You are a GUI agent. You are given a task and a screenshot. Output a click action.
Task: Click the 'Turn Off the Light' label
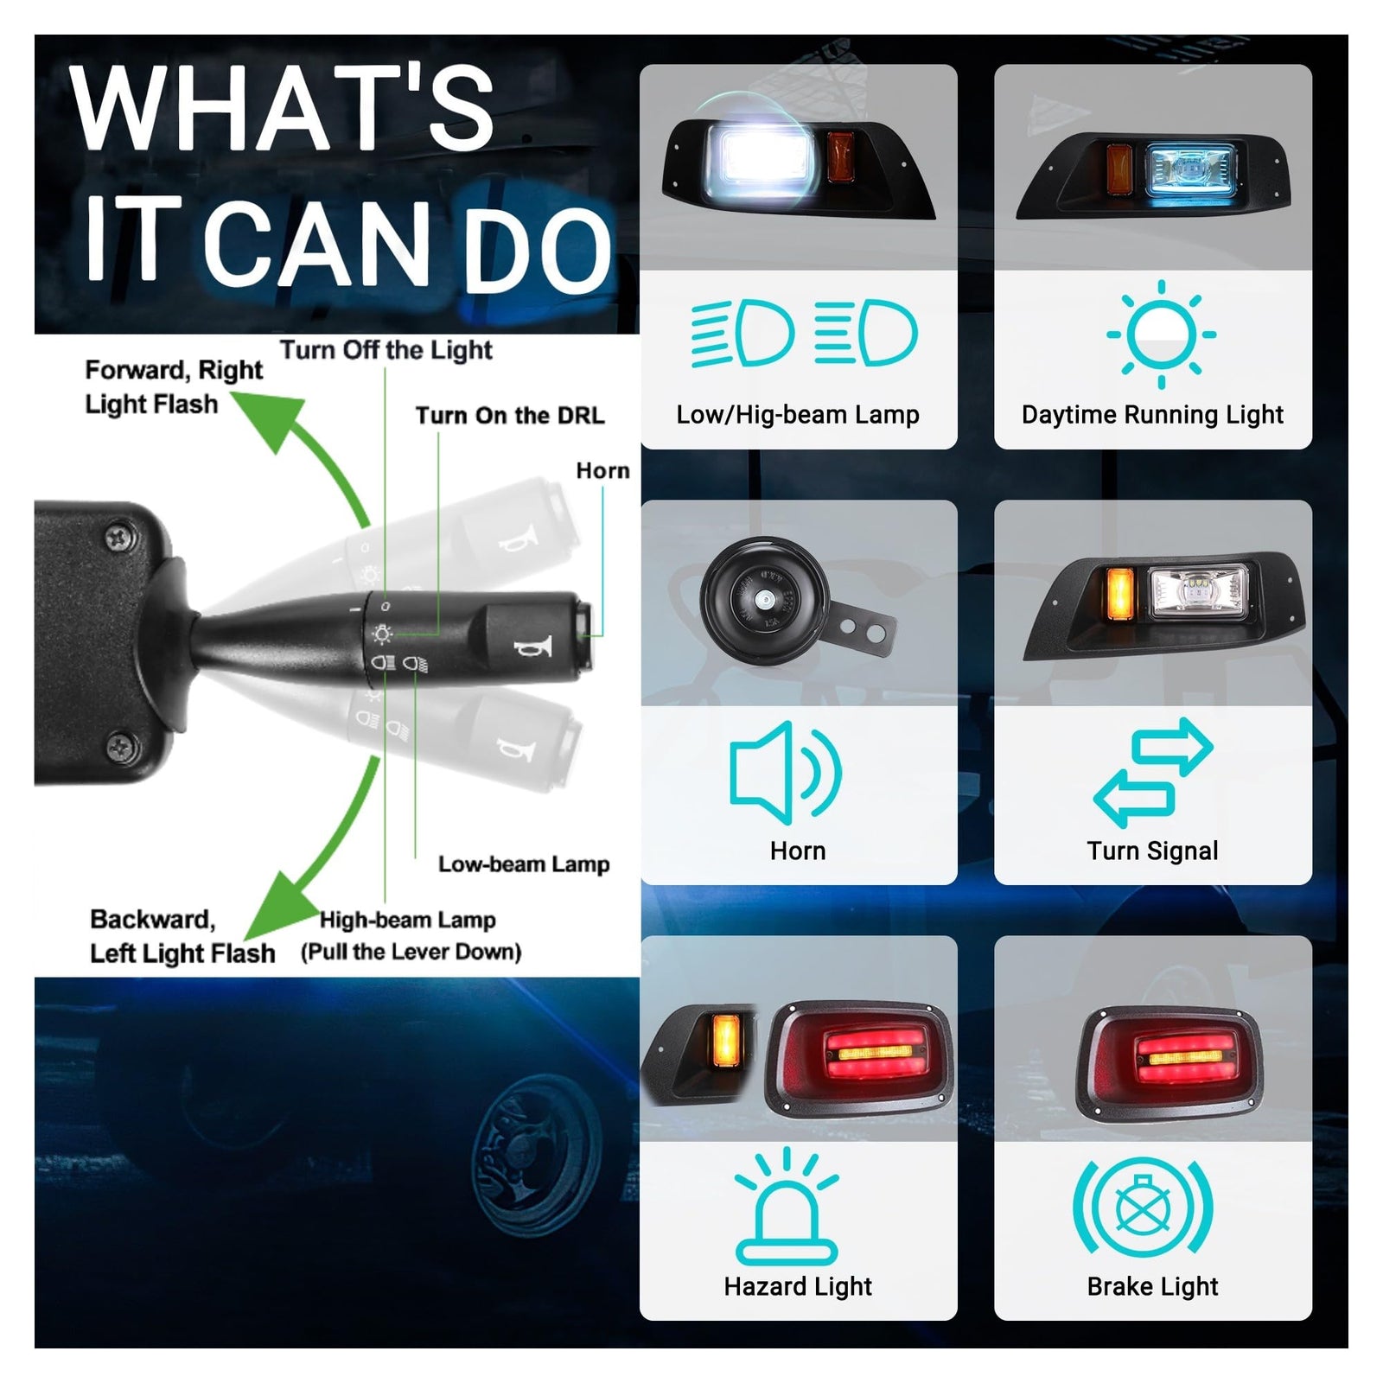point(386,350)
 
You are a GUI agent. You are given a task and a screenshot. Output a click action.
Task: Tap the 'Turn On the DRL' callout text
point(510,416)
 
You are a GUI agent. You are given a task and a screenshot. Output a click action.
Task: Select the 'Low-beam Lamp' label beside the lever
point(524,864)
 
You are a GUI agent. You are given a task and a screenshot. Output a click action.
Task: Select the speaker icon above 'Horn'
point(785,772)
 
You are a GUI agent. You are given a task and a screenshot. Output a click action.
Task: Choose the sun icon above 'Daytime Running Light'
point(1161,335)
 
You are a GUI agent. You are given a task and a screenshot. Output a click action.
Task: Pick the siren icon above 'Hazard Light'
point(787,1208)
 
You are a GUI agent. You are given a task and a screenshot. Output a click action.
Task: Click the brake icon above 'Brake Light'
point(1143,1207)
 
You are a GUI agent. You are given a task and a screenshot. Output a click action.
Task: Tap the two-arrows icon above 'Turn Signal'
point(1153,772)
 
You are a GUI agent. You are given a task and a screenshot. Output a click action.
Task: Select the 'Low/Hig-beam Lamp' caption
point(798,415)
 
